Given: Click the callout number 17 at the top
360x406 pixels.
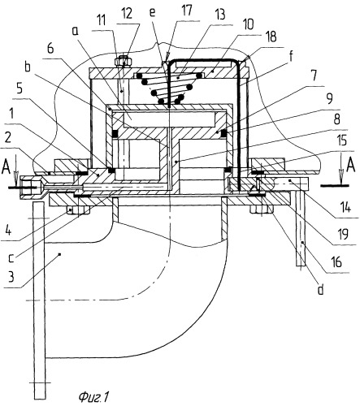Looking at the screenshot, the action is pyautogui.click(x=187, y=11).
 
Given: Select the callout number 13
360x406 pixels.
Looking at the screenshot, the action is pyautogui.click(x=221, y=15).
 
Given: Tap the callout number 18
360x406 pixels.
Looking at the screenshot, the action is pyautogui.click(x=270, y=37).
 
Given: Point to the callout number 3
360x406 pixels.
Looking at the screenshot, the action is pyautogui.click(x=11, y=276).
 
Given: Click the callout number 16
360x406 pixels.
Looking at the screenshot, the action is pyautogui.click(x=336, y=261).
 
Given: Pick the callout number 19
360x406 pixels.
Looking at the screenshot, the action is pyautogui.click(x=343, y=234).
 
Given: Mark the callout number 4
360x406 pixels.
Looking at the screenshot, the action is pyautogui.click(x=9, y=231).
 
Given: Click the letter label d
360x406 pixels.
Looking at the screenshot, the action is pyautogui.click(x=320, y=289).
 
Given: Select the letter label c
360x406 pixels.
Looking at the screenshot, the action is pyautogui.click(x=11, y=258).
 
